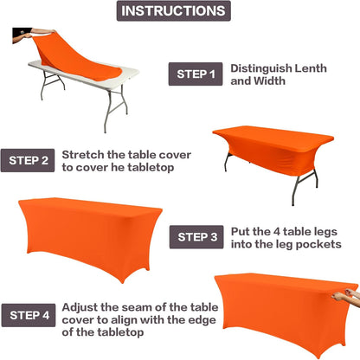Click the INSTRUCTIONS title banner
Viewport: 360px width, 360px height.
pyautogui.click(x=180, y=11)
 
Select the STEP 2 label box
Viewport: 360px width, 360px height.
pyautogui.click(x=29, y=159)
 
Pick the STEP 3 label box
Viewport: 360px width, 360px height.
pyautogui.click(x=198, y=236)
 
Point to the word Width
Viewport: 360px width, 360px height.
pyautogui.click(x=274, y=81)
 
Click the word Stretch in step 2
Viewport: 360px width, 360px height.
pyautogui.click(x=85, y=152)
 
